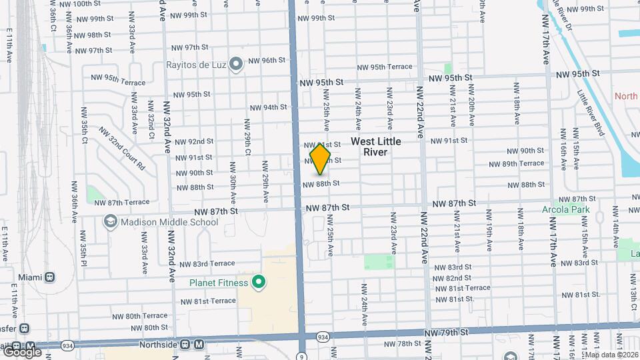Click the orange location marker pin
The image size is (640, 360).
click(x=320, y=159)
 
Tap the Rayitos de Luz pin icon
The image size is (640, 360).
click(x=235, y=64)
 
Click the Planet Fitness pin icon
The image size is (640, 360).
click(x=259, y=283)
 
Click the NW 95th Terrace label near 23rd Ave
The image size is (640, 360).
click(x=385, y=67)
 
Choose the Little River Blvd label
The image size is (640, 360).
click(x=591, y=113)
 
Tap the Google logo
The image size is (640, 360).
click(x=22, y=351)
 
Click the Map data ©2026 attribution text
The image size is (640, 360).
click(x=610, y=355)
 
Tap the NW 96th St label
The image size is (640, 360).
click(x=267, y=60)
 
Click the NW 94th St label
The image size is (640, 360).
click(x=268, y=107)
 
